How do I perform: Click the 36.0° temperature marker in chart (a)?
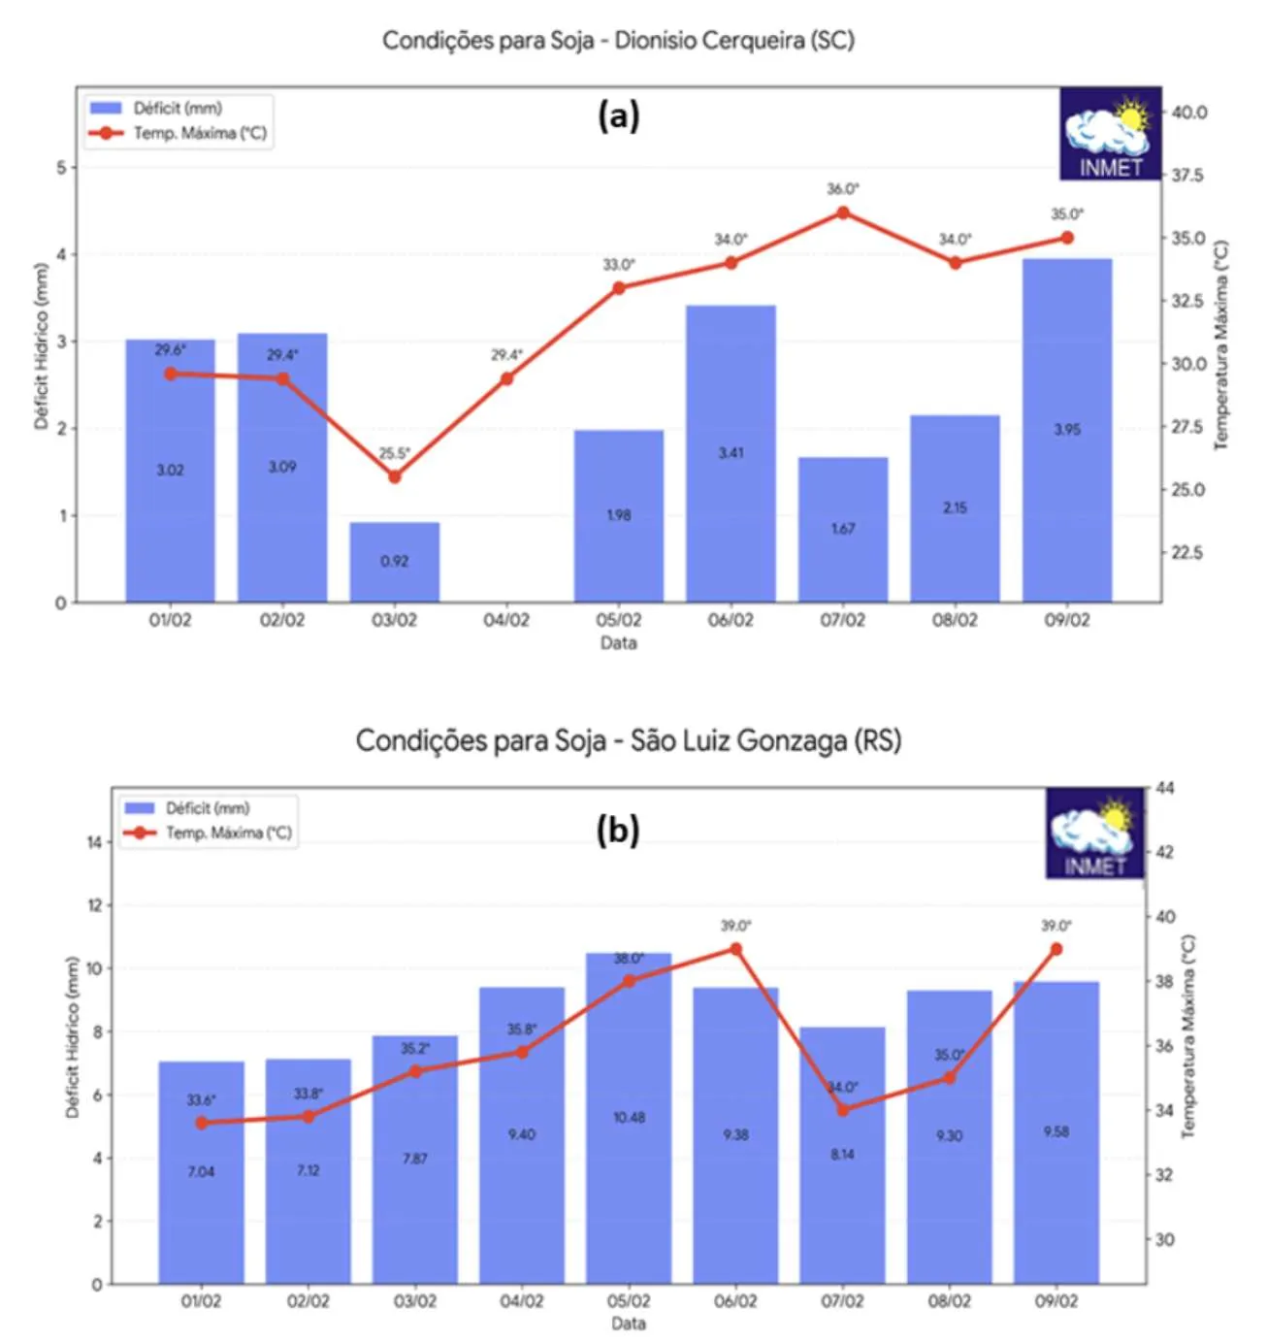pyautogui.click(x=843, y=213)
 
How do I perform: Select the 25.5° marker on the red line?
pyautogui.click(x=395, y=476)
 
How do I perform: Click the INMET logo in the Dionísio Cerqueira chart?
pyautogui.click(x=1110, y=134)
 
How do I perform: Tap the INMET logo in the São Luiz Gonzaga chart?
pyautogui.click(x=1095, y=834)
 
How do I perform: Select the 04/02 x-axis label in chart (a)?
pyautogui.click(x=506, y=620)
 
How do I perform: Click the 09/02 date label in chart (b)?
pyautogui.click(x=1056, y=1301)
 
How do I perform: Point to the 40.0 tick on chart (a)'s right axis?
pyautogui.click(x=1188, y=113)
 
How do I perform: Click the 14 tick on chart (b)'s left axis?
pyautogui.click(x=94, y=842)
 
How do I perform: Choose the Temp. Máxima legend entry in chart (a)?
pyautogui.click(x=199, y=133)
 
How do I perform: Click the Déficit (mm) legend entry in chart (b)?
pyautogui.click(x=207, y=808)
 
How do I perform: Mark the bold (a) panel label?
pyautogui.click(x=619, y=116)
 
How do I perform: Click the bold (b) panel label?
pyautogui.click(x=618, y=831)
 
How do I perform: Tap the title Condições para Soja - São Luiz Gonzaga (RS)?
pyautogui.click(x=628, y=741)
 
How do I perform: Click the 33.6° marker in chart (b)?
pyautogui.click(x=202, y=1123)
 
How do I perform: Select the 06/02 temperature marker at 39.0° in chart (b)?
pyautogui.click(x=735, y=949)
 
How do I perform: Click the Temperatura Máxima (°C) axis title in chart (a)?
pyautogui.click(x=1221, y=345)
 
